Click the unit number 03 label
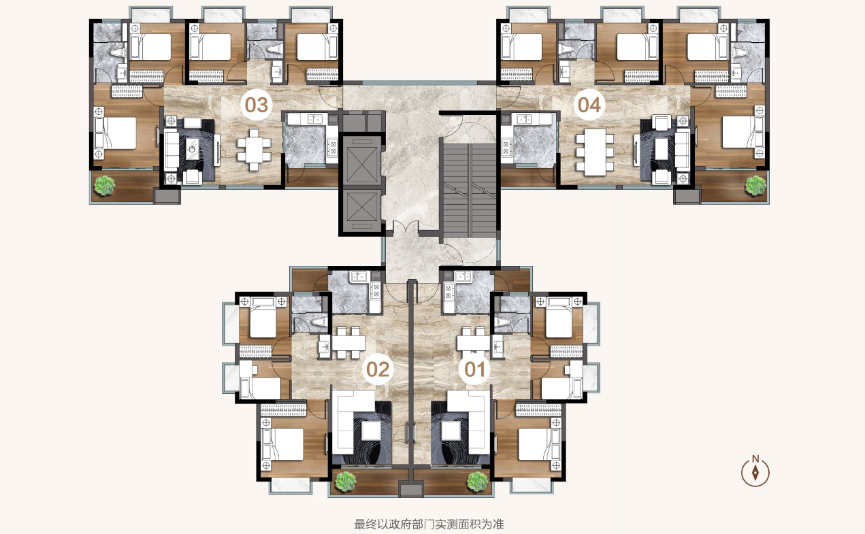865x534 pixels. click(257, 105)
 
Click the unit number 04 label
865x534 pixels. click(589, 105)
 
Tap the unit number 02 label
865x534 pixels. click(378, 369)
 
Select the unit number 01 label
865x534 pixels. click(474, 369)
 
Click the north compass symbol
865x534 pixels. click(755, 471)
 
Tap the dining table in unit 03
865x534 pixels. click(254, 150)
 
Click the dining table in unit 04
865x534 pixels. click(595, 152)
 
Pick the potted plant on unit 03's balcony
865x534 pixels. click(105, 185)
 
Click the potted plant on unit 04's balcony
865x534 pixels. click(755, 186)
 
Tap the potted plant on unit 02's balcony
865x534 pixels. click(346, 482)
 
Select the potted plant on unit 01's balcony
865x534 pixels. click(477, 482)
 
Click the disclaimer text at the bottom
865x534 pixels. click(429, 524)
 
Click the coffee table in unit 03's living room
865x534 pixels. click(192, 148)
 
